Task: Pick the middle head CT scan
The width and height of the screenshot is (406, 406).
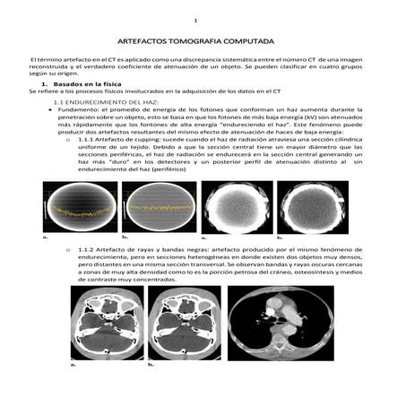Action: [x=184, y=324]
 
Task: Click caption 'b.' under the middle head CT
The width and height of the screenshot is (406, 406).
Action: [x=151, y=366]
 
